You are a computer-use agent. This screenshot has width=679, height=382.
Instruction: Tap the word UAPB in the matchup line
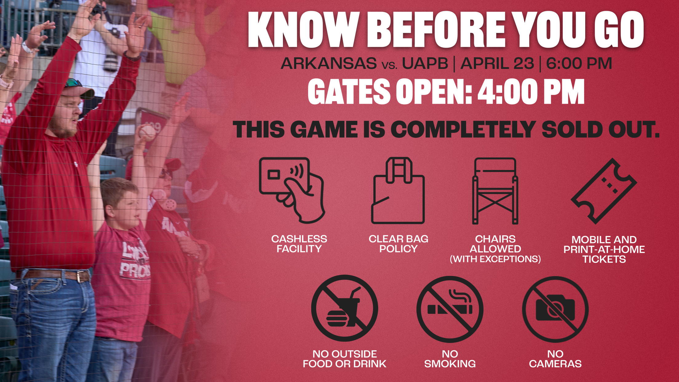[x=425, y=63]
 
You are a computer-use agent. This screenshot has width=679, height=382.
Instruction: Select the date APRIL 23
[x=497, y=63]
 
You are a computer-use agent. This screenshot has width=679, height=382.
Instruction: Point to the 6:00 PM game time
[x=579, y=63]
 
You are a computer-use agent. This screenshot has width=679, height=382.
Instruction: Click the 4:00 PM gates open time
[x=531, y=91]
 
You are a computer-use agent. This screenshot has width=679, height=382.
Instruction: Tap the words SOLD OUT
[x=600, y=129]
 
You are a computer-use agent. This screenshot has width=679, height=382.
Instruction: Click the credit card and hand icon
[x=292, y=190]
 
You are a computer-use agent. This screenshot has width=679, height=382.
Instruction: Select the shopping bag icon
[x=398, y=191]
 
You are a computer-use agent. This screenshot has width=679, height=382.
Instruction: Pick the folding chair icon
[x=495, y=191]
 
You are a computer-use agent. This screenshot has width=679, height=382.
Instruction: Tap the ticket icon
[x=604, y=191]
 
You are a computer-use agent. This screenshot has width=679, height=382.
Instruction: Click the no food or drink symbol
[x=344, y=308]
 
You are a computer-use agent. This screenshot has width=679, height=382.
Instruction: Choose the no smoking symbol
[x=450, y=309]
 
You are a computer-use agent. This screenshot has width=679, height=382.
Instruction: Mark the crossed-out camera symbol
[x=555, y=309]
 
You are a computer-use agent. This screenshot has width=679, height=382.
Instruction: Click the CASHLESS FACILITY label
[x=299, y=244]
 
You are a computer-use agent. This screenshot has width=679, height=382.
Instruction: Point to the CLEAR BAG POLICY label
[x=399, y=244]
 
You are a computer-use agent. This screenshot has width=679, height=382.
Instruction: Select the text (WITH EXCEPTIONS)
[x=495, y=259]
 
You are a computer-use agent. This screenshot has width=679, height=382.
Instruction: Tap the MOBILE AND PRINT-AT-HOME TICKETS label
[x=604, y=249]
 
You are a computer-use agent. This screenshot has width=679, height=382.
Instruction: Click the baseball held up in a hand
[x=147, y=133]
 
